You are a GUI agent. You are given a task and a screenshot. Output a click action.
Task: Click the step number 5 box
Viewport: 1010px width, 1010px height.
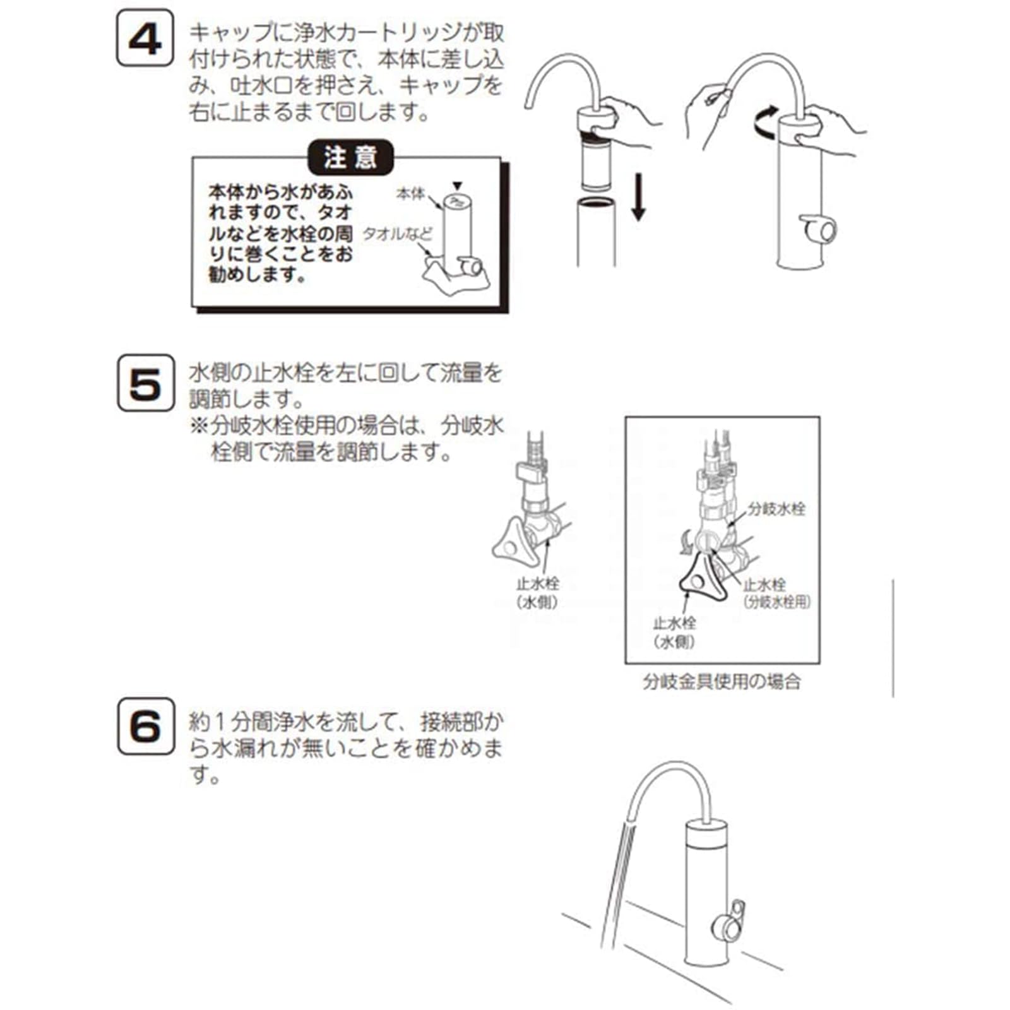pyautogui.click(x=145, y=383)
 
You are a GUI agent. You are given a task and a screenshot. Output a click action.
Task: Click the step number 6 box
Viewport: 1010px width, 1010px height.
pyautogui.click(x=145, y=726)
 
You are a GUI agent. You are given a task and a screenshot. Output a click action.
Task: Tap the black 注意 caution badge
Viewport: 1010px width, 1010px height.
pyautogui.click(x=350, y=157)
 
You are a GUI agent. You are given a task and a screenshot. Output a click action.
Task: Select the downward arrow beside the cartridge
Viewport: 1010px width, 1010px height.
pyautogui.click(x=639, y=197)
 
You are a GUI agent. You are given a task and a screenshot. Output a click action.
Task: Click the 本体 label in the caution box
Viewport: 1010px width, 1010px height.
pyautogui.click(x=410, y=193)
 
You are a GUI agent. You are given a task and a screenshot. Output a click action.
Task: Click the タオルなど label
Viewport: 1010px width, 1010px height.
pyautogui.click(x=398, y=234)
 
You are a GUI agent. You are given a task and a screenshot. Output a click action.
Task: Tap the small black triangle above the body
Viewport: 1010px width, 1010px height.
pyautogui.click(x=458, y=186)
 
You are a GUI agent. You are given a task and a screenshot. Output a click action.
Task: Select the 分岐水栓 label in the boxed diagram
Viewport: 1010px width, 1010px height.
pyautogui.click(x=776, y=509)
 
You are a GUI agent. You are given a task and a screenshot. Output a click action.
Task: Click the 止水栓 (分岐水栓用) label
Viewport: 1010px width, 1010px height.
pyautogui.click(x=777, y=593)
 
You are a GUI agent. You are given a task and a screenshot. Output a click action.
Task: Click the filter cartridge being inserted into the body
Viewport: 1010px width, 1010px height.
pyautogui.click(x=596, y=161)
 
